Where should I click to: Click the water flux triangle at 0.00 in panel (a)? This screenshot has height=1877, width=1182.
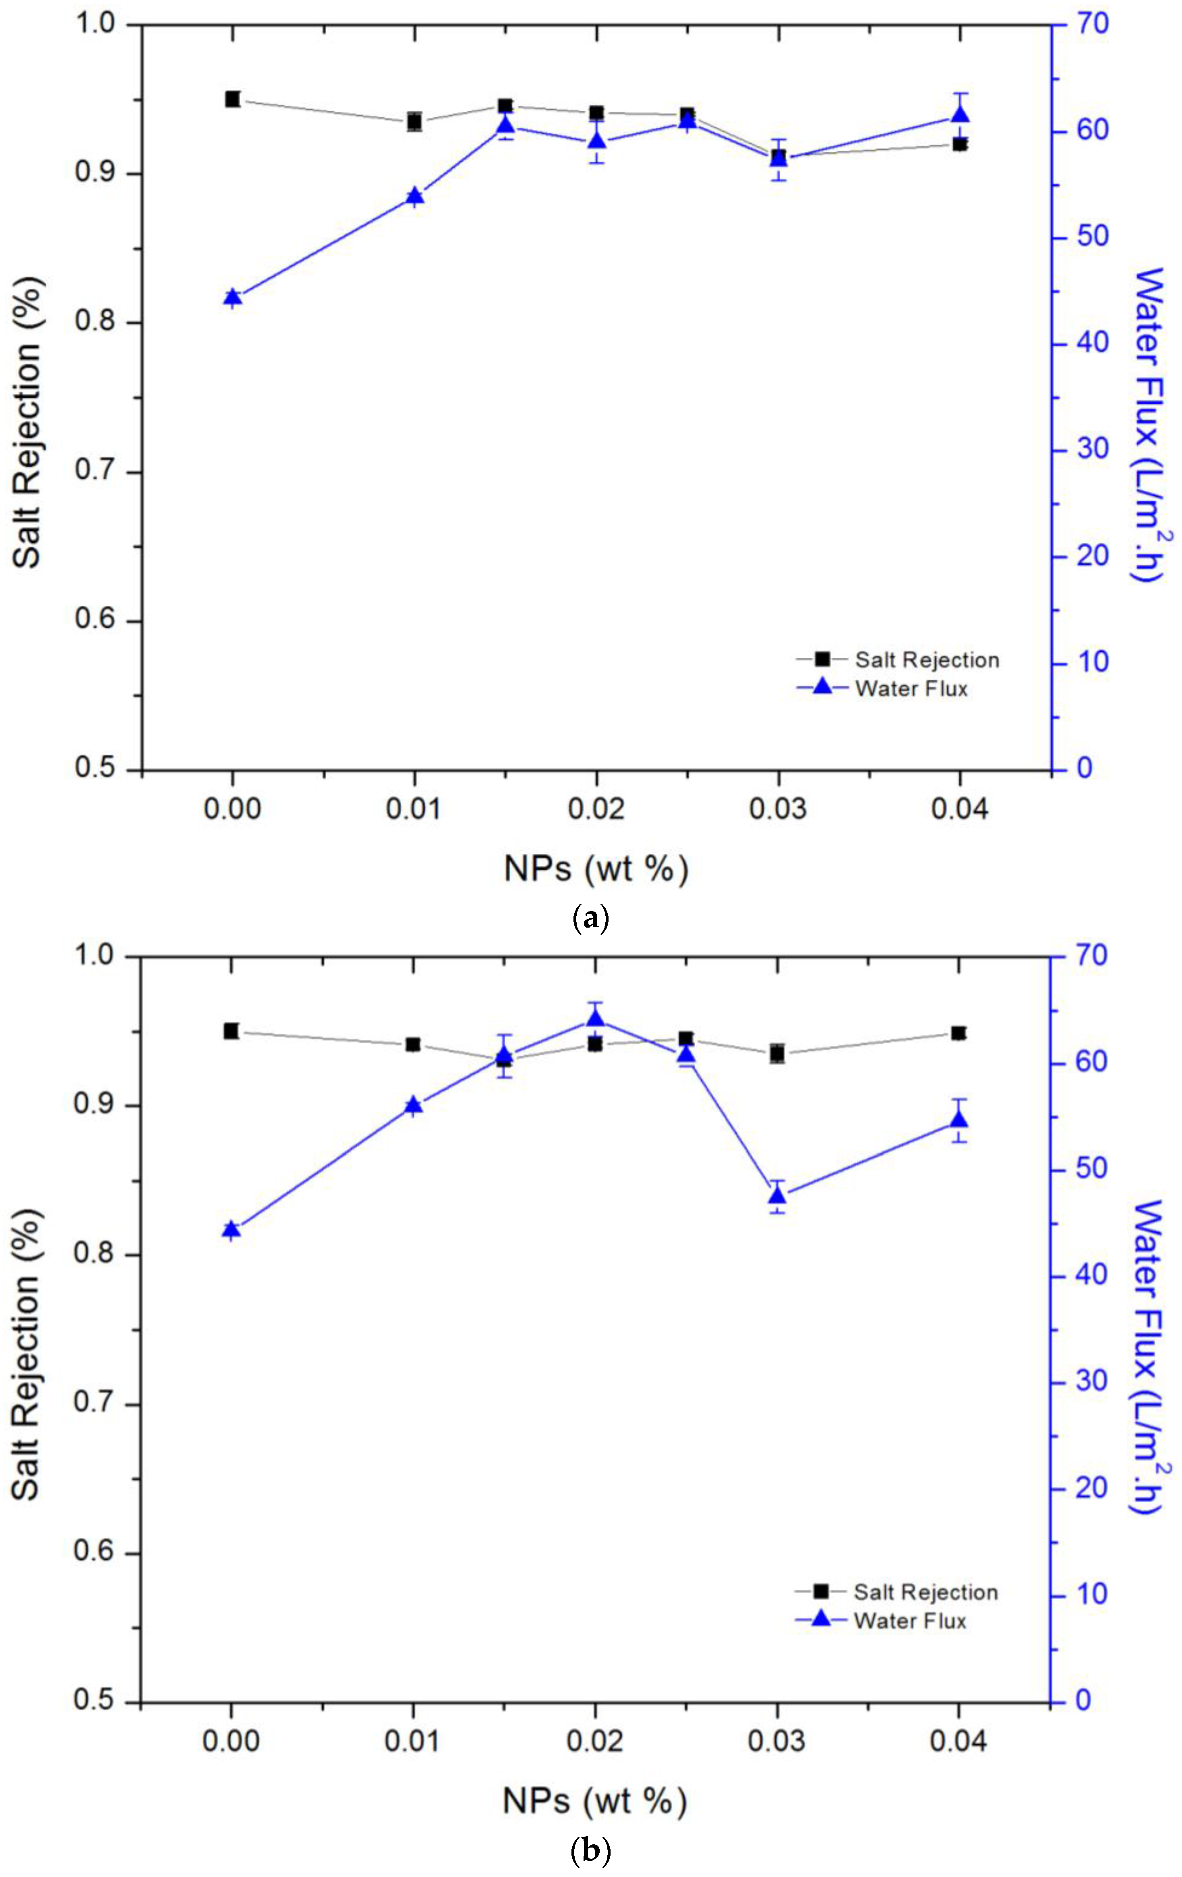[x=232, y=297]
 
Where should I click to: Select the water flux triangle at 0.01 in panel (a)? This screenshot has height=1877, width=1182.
[x=415, y=196]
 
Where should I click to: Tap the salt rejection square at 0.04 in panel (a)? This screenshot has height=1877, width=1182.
[x=959, y=144]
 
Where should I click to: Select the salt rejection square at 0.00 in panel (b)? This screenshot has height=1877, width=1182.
[x=231, y=1030]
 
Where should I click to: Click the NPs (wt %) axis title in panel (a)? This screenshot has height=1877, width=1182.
[x=596, y=868]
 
